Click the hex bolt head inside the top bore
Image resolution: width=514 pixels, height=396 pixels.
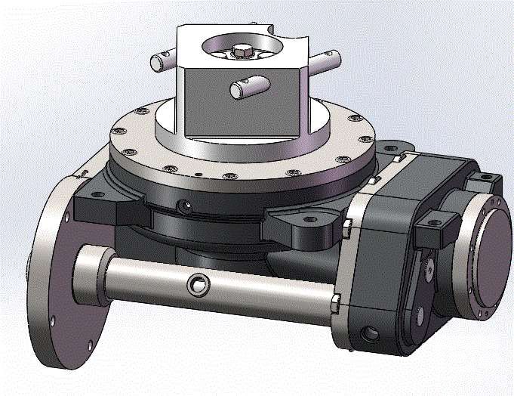click(241, 51)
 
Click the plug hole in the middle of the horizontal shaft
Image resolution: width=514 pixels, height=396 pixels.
click(199, 285)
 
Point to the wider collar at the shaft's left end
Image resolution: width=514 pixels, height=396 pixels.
click(93, 276)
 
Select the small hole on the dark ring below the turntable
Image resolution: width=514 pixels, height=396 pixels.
click(180, 205)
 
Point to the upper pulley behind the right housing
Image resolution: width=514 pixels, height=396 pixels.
click(429, 268)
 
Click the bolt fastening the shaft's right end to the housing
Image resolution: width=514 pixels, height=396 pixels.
click(334, 305)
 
